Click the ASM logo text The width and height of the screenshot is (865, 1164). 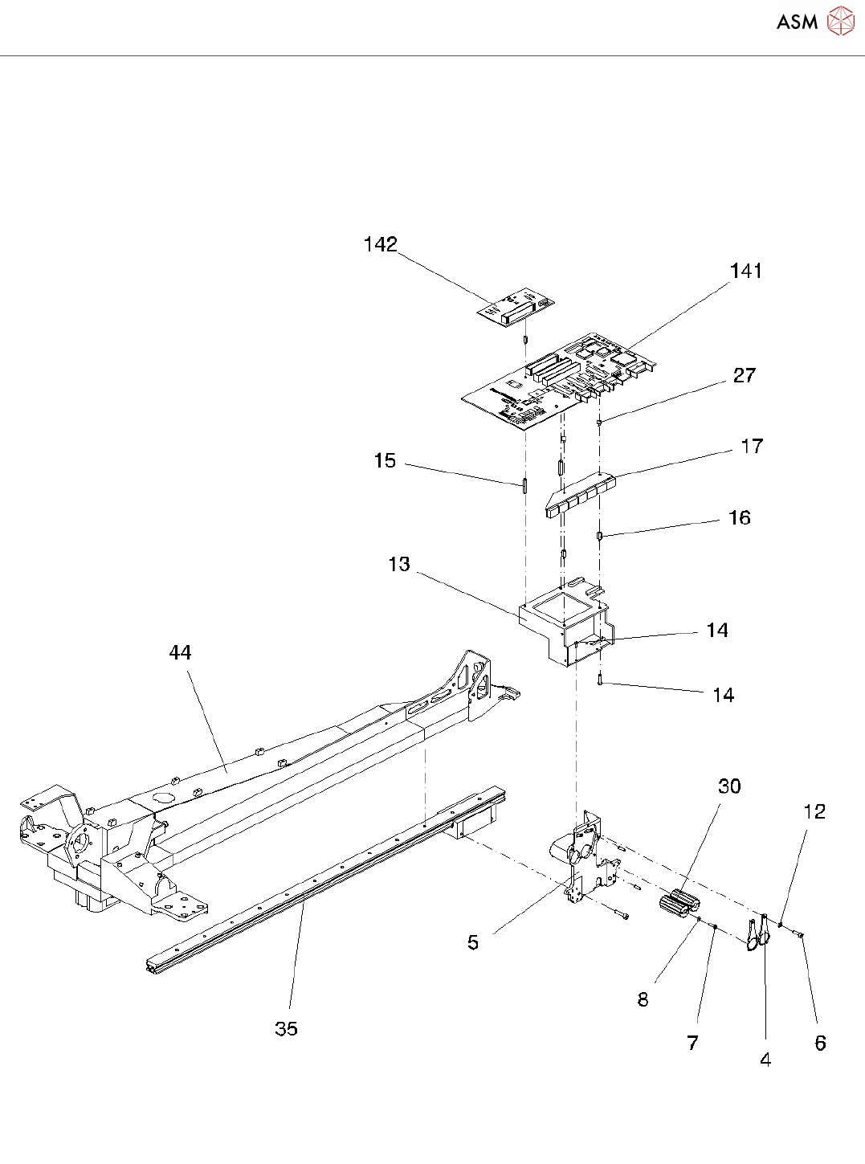(x=797, y=22)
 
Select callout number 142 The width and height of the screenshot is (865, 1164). (x=380, y=244)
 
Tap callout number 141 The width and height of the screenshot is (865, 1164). (x=745, y=271)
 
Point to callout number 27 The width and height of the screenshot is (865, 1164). (x=744, y=375)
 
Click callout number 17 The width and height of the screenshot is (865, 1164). (x=752, y=446)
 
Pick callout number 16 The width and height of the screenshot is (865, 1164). (x=739, y=517)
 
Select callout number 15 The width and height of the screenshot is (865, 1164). (x=385, y=460)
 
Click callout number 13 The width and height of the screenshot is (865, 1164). (x=398, y=564)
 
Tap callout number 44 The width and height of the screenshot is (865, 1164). (x=180, y=652)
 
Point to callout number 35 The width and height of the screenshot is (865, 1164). (x=286, y=1028)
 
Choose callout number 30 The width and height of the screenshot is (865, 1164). (x=728, y=786)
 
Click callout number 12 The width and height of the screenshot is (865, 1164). (x=814, y=811)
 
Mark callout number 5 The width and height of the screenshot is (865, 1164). (x=473, y=941)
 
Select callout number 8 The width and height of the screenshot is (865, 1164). (x=643, y=999)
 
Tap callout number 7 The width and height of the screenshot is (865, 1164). (x=692, y=1043)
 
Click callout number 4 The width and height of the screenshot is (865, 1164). (x=765, y=1060)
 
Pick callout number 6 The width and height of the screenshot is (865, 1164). (x=820, y=1043)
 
